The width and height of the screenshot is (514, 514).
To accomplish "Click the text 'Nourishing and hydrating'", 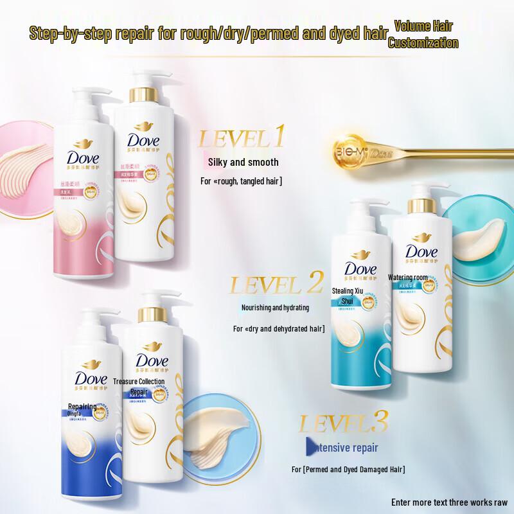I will click(x=275, y=308).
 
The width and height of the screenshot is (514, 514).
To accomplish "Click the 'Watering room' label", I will click(x=408, y=278).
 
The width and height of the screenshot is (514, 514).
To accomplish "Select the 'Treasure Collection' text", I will click(x=139, y=381).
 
